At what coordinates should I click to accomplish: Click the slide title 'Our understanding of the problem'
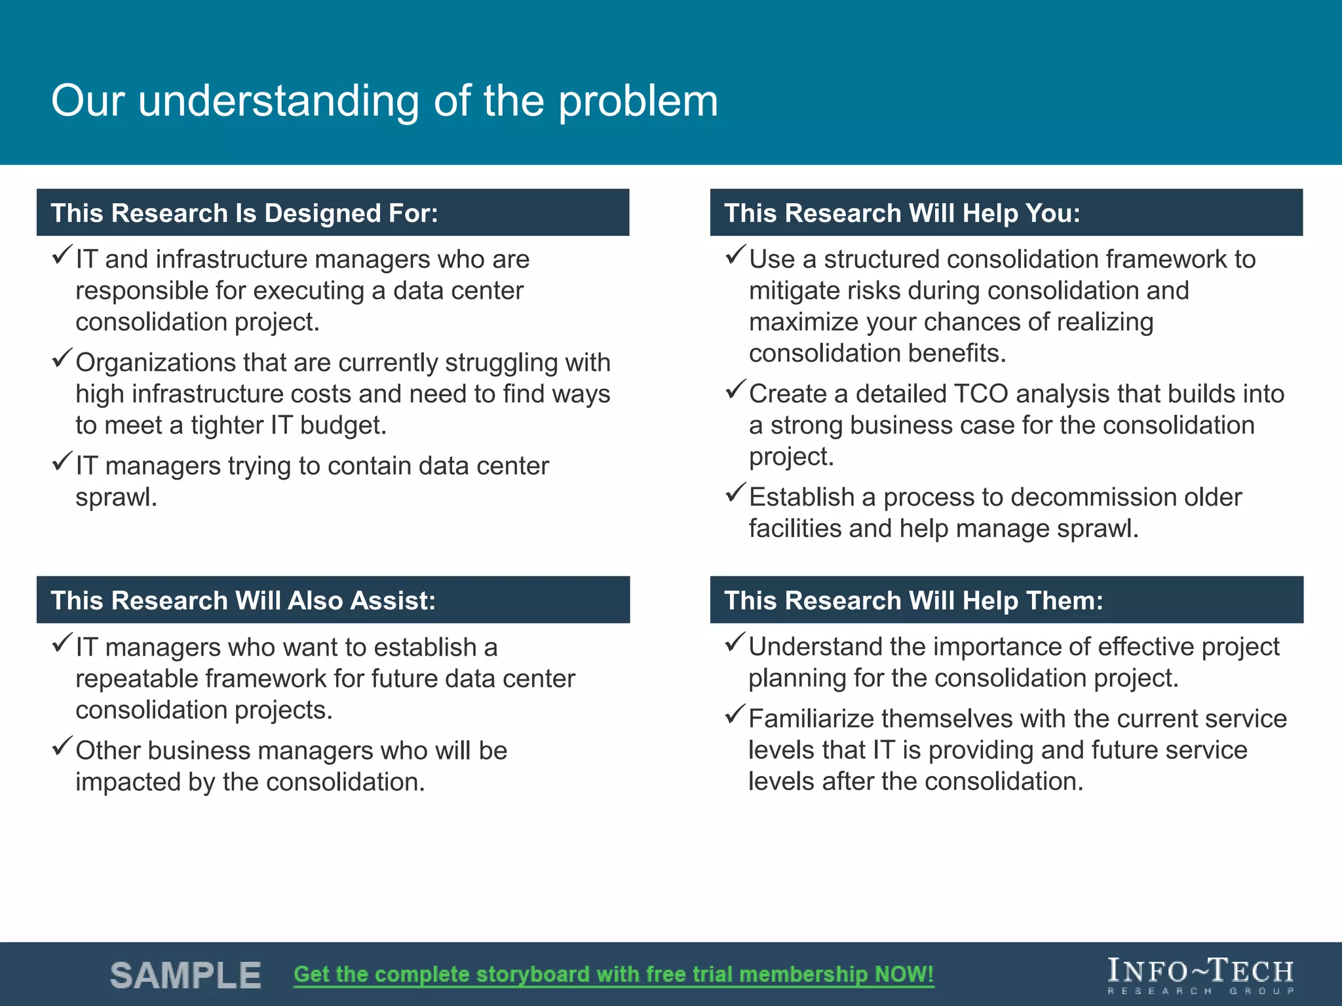[385, 102]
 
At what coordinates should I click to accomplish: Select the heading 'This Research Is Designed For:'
[244, 214]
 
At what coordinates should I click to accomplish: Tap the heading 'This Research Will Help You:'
[902, 214]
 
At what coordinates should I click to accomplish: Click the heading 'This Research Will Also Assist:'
[243, 601]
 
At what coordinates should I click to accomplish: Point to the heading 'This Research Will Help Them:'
[913, 601]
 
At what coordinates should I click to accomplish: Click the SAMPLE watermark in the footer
[185, 975]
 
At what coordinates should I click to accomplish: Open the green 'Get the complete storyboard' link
[613, 975]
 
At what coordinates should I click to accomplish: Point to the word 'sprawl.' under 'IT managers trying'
[116, 498]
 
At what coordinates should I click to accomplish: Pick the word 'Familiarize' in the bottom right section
[811, 719]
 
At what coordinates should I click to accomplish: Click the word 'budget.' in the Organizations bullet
[343, 426]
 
